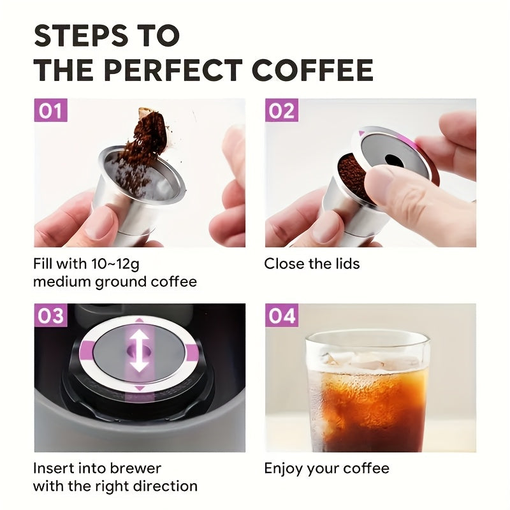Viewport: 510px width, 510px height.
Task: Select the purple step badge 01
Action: [x=50, y=111]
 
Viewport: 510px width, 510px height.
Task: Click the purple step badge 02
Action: [x=281, y=111]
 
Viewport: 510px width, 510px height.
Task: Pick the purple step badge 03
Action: [x=50, y=316]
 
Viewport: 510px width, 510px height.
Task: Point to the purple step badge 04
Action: [x=281, y=316]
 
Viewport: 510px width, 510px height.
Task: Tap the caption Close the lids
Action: [x=312, y=263]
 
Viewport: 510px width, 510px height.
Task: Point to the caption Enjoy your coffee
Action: [x=326, y=469]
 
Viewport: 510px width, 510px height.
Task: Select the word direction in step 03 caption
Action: [x=164, y=486]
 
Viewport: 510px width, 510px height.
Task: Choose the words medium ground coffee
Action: [x=115, y=281]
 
